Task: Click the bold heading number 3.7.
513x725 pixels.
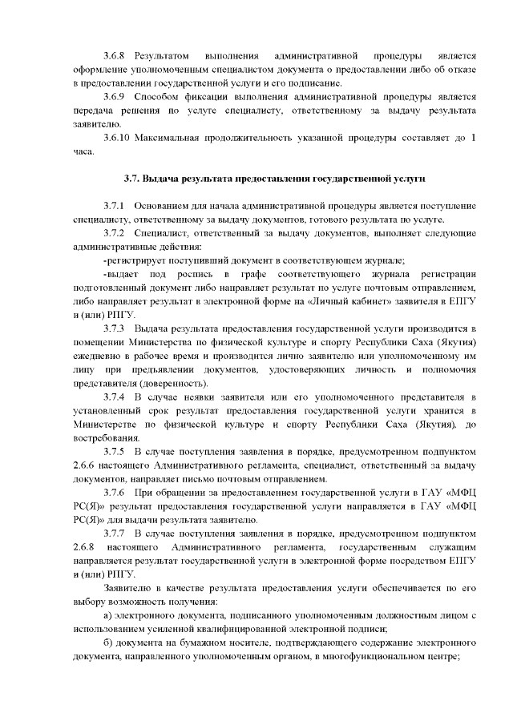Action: click(x=132, y=179)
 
